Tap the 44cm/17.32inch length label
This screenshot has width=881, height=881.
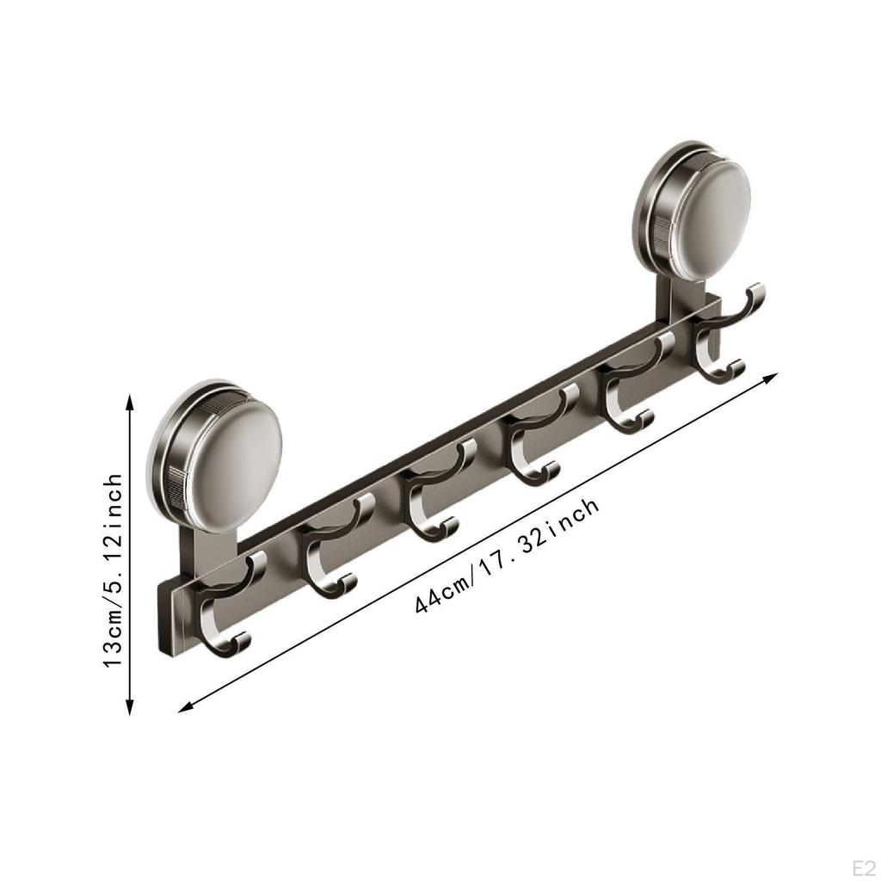pyautogui.click(x=507, y=555)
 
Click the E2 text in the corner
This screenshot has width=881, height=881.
pyautogui.click(x=861, y=863)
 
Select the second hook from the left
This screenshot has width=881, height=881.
pyautogui.click(x=331, y=551)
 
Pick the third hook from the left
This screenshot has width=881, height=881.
pyautogui.click(x=430, y=499)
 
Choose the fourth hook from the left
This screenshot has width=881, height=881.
pyautogui.click(x=533, y=443)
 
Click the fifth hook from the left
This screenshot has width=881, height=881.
pyautogui.click(x=632, y=391)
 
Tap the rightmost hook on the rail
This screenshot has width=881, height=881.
pyautogui.click(x=723, y=340)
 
